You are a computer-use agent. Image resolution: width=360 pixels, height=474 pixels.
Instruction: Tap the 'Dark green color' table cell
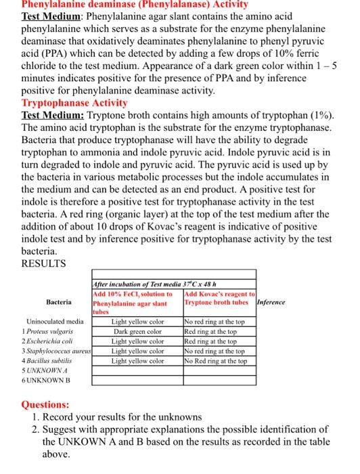coord(137,332)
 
